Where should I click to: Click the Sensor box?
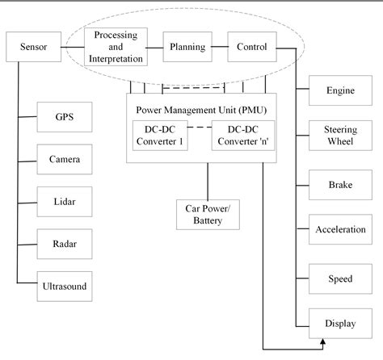click(x=34, y=47)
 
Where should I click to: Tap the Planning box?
click(x=187, y=47)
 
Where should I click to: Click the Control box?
click(x=252, y=47)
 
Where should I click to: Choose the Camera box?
click(x=65, y=160)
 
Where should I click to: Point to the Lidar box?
click(x=65, y=200)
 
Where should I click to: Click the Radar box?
click(x=65, y=241)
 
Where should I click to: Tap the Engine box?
click(x=339, y=90)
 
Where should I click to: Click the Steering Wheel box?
click(x=339, y=135)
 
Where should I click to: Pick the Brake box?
click(x=339, y=185)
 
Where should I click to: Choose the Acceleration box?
click(x=339, y=230)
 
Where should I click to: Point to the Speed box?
click(x=339, y=278)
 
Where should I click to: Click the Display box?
click(x=339, y=324)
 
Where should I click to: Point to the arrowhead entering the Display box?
click(x=323, y=344)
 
